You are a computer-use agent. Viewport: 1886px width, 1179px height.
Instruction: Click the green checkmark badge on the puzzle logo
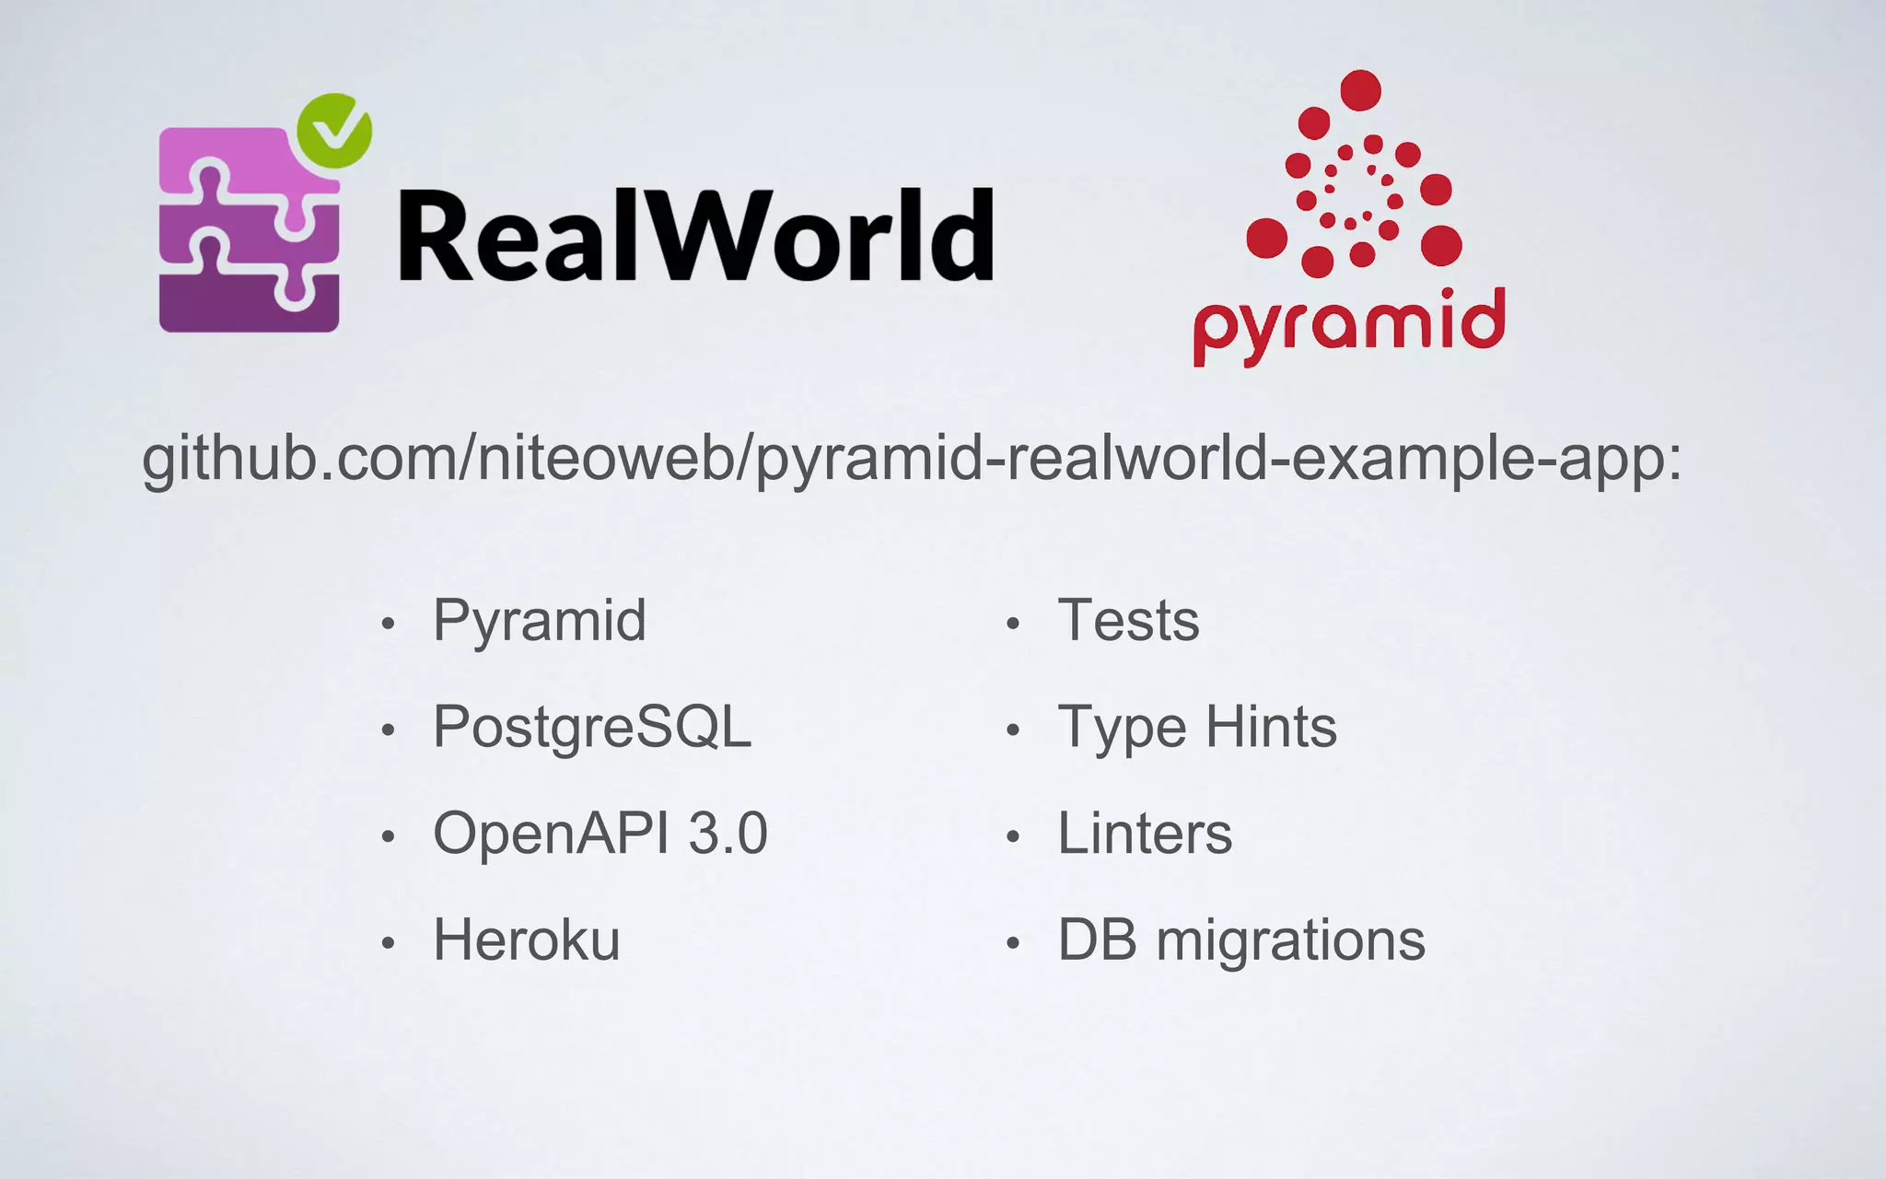pyautogui.click(x=334, y=131)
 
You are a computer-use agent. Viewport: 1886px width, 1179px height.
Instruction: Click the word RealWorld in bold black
pyautogui.click(x=695, y=236)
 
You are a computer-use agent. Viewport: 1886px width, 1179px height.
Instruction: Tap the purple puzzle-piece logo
pyautogui.click(x=250, y=230)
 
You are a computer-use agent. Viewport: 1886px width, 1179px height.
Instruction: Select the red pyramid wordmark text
pyautogui.click(x=1349, y=323)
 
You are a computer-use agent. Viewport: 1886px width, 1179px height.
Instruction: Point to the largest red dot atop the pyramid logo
pyautogui.click(x=1360, y=90)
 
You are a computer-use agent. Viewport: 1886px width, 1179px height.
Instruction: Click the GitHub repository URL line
pyautogui.click(x=912, y=458)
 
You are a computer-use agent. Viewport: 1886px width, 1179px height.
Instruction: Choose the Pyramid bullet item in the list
pyautogui.click(x=540, y=620)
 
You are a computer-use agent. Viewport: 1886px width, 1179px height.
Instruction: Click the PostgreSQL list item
pyautogui.click(x=592, y=727)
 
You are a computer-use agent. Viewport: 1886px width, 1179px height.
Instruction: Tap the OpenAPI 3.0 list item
pyautogui.click(x=600, y=834)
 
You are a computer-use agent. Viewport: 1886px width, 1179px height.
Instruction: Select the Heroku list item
pyautogui.click(x=527, y=940)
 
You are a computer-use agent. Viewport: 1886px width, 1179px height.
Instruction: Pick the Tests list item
pyautogui.click(x=1128, y=620)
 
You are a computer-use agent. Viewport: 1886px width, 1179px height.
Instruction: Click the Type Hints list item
pyautogui.click(x=1197, y=727)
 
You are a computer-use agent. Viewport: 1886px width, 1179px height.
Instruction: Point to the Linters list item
pyautogui.click(x=1145, y=834)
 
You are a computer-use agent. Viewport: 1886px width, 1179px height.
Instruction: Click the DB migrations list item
pyautogui.click(x=1241, y=940)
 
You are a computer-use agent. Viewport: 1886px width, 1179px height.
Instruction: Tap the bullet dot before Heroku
pyautogui.click(x=389, y=943)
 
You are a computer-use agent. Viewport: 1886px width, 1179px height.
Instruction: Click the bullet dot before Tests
pyautogui.click(x=1013, y=625)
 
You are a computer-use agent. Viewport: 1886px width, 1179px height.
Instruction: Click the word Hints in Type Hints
pyautogui.click(x=1271, y=727)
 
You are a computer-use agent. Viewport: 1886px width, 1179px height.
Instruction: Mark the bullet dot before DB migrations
pyautogui.click(x=1013, y=943)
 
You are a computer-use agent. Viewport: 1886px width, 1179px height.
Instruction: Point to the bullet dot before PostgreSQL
pyautogui.click(x=389, y=730)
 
